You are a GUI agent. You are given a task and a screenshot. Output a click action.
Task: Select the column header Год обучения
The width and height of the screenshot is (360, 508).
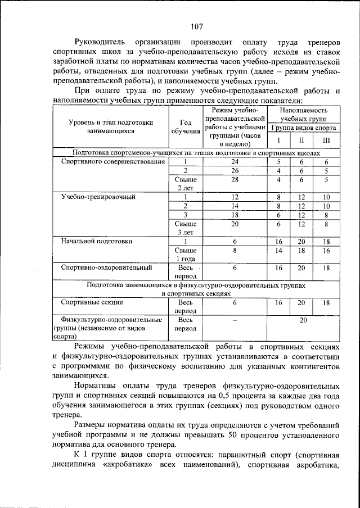(185, 127)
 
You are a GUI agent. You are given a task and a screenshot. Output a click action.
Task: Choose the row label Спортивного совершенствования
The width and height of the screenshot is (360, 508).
(112, 162)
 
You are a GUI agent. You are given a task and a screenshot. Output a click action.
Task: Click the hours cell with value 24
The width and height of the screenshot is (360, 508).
(235, 162)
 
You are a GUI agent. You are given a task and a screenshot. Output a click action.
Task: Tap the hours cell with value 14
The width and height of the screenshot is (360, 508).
(235, 206)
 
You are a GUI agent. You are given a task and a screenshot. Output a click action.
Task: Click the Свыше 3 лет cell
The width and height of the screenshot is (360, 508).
(185, 228)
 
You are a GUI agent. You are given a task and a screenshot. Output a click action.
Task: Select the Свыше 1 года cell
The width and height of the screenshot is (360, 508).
(185, 254)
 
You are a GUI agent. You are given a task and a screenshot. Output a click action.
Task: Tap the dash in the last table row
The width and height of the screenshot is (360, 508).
(235, 320)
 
